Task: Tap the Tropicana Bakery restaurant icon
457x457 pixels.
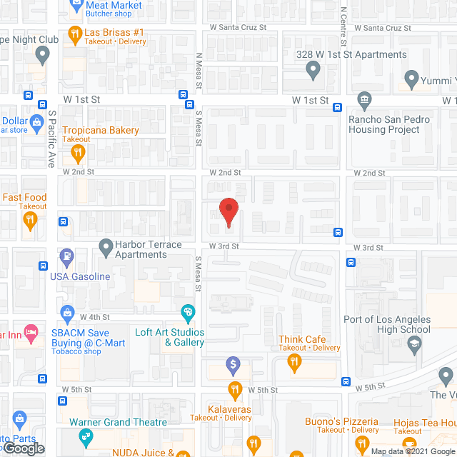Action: (x=79, y=151)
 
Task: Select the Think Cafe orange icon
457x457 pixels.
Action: (x=293, y=363)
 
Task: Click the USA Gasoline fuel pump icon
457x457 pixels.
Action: (x=66, y=255)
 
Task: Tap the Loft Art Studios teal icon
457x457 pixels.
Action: (x=188, y=311)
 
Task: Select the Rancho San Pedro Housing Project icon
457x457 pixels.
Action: (x=364, y=99)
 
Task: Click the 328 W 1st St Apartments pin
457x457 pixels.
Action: (x=313, y=70)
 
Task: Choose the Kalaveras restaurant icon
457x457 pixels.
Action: (x=235, y=390)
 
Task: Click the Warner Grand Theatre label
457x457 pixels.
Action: (x=118, y=422)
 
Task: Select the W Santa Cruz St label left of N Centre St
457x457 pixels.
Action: (x=238, y=27)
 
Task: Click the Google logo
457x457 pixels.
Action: (x=24, y=448)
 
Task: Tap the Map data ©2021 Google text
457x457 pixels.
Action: (x=412, y=451)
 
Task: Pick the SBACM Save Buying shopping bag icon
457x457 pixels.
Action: (x=67, y=312)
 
